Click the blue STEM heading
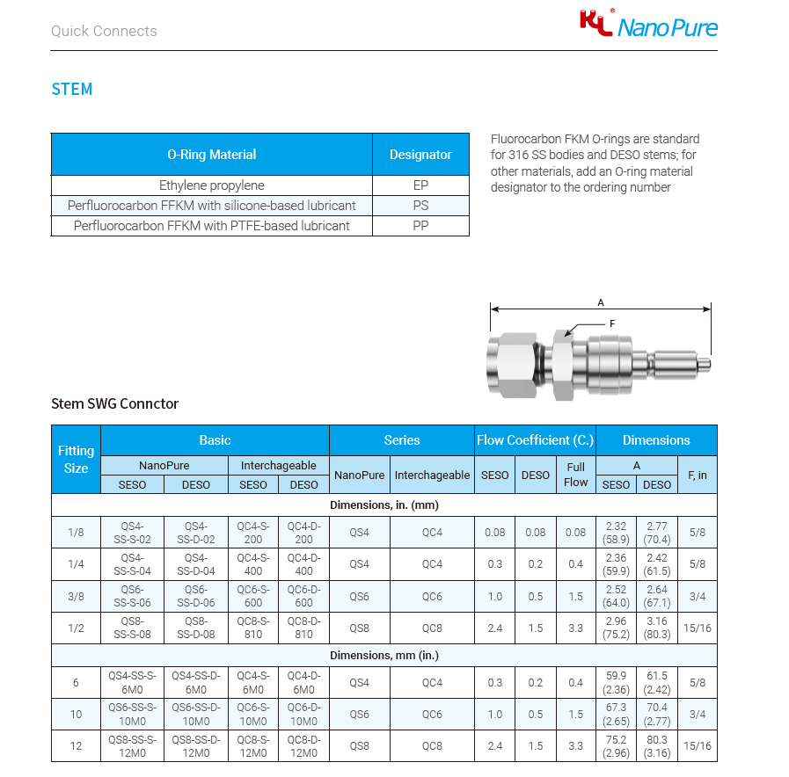pyautogui.click(x=72, y=89)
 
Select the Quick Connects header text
pyautogui.click(x=104, y=31)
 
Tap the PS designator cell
pyautogui.click(x=420, y=206)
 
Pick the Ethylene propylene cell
pyautogui.click(x=212, y=185)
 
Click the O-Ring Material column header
pyautogui.click(x=212, y=155)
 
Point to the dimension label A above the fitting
pyautogui.click(x=601, y=302)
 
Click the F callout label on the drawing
pyautogui.click(x=612, y=323)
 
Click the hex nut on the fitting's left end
pyautogui.click(x=512, y=360)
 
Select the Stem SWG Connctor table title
pyautogui.click(x=115, y=404)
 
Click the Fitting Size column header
pyautogui.click(x=77, y=459)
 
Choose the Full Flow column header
pyautogui.click(x=576, y=475)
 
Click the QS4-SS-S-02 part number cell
pyautogui.click(x=133, y=532)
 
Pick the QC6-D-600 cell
pyautogui.click(x=304, y=597)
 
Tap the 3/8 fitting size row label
pyautogui.click(x=77, y=597)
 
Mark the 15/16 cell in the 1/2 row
pyautogui.click(x=698, y=628)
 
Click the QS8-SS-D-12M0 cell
pyautogui.click(x=196, y=746)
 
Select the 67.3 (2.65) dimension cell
pyautogui.click(x=616, y=715)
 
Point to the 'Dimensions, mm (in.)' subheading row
pyautogui.click(x=384, y=656)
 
